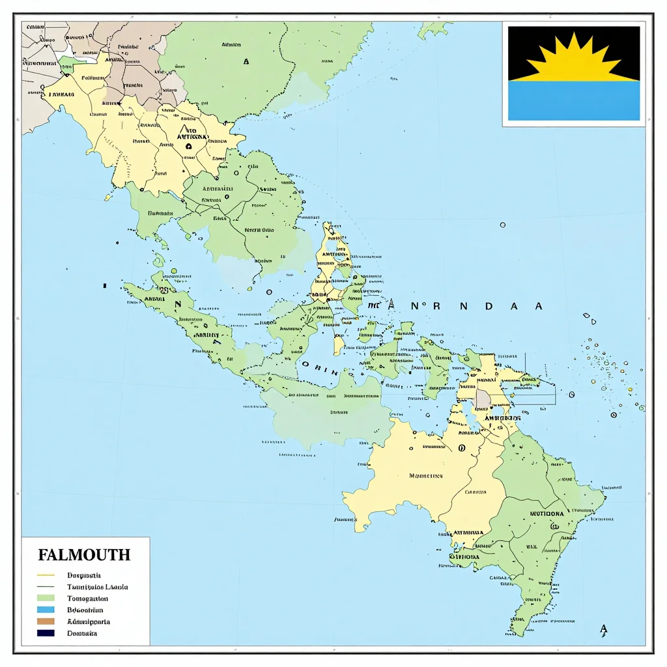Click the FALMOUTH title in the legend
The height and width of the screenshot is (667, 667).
click(x=84, y=555)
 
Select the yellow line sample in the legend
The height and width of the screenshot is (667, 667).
click(x=46, y=575)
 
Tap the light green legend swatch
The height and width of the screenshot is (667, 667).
click(x=46, y=598)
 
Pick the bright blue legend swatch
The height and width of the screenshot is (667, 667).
click(x=46, y=610)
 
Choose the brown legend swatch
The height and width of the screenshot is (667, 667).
click(x=46, y=621)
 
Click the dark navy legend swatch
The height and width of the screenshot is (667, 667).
click(x=46, y=633)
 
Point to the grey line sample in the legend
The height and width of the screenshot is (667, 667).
click(x=46, y=587)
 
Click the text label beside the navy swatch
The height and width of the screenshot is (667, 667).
click(x=83, y=633)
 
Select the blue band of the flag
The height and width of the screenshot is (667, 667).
click(x=573, y=101)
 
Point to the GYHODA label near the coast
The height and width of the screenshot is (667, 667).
click(x=465, y=557)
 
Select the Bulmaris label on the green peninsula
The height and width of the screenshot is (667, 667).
click(x=160, y=212)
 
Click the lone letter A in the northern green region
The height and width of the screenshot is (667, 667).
click(x=246, y=62)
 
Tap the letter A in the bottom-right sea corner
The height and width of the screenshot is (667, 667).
click(x=603, y=629)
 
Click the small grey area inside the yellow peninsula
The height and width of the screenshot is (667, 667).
click(x=483, y=398)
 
